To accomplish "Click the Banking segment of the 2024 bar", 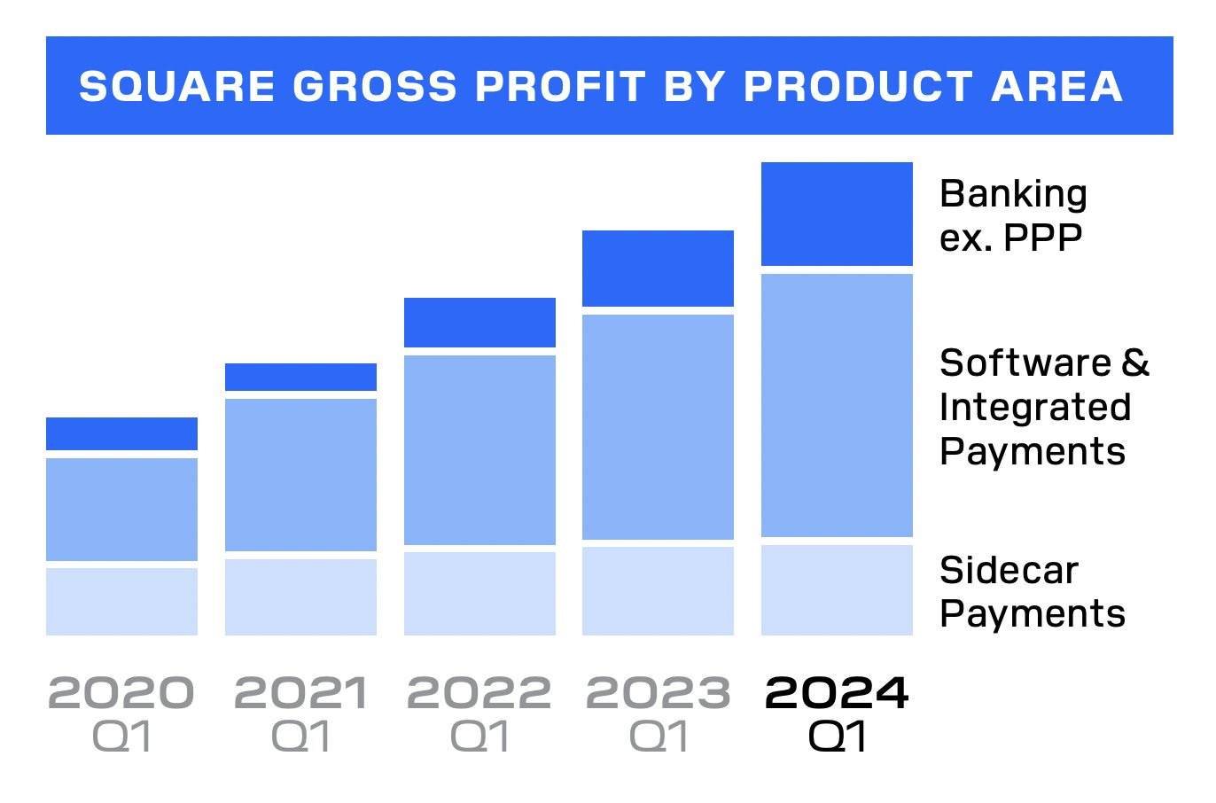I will click(x=837, y=214).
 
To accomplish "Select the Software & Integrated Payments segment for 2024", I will click(x=837, y=405).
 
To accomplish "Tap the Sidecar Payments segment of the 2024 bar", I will click(x=837, y=589).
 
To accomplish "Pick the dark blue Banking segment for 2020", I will click(x=121, y=433).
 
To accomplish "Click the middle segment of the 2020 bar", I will click(x=121, y=509).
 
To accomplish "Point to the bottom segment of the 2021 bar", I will click(x=300, y=596).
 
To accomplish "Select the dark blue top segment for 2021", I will click(x=300, y=377).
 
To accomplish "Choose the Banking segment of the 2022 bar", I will click(x=479, y=323).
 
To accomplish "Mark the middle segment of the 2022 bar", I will click(x=479, y=449).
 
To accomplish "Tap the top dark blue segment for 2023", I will click(x=658, y=268).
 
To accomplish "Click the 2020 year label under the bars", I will click(x=121, y=693).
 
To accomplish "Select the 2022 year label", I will click(x=479, y=693).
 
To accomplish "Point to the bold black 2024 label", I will click(x=837, y=693).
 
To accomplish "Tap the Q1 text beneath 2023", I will click(x=658, y=737).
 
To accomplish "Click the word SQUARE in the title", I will click(x=176, y=86).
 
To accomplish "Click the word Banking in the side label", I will click(x=1013, y=194).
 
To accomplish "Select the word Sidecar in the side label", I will click(x=1009, y=570).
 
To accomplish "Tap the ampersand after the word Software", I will click(x=1135, y=363).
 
